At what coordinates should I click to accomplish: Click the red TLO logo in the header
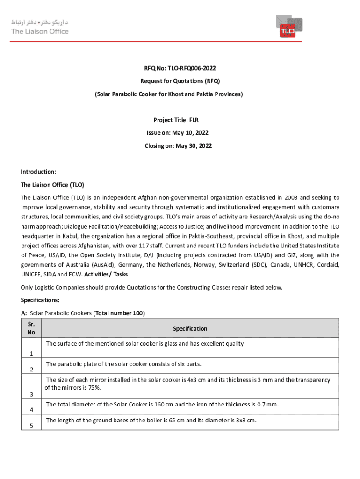289,26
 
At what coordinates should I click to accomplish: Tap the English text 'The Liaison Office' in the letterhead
40,31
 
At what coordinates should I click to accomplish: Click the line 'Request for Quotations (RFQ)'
180,81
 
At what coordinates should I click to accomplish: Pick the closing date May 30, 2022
194,146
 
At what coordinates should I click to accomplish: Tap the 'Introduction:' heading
38,172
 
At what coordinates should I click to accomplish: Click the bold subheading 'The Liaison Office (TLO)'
52,185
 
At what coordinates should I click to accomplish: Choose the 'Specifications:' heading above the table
40,300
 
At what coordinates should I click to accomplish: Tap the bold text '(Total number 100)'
119,313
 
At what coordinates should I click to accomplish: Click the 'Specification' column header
190,329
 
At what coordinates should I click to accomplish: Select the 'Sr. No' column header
31,328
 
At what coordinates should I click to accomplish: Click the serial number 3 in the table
31,395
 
